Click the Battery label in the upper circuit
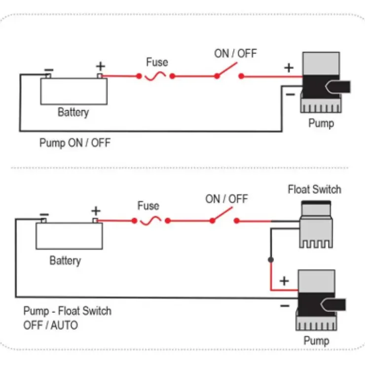73,112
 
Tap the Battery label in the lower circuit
66,260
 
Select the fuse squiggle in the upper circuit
155,76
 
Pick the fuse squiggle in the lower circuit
150,220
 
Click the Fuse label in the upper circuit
157,62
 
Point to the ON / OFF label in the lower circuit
226,199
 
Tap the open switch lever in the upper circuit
227,70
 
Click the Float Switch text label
315,189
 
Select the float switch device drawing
316,224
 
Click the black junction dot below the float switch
271,259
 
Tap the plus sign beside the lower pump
284,281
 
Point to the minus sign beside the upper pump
291,94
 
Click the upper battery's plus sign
101,67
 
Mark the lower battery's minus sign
44,215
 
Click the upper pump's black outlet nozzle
338,87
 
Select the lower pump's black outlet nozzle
333,304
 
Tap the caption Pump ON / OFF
75,143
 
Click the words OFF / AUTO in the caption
50,325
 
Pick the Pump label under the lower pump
316,341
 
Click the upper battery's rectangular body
74,91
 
